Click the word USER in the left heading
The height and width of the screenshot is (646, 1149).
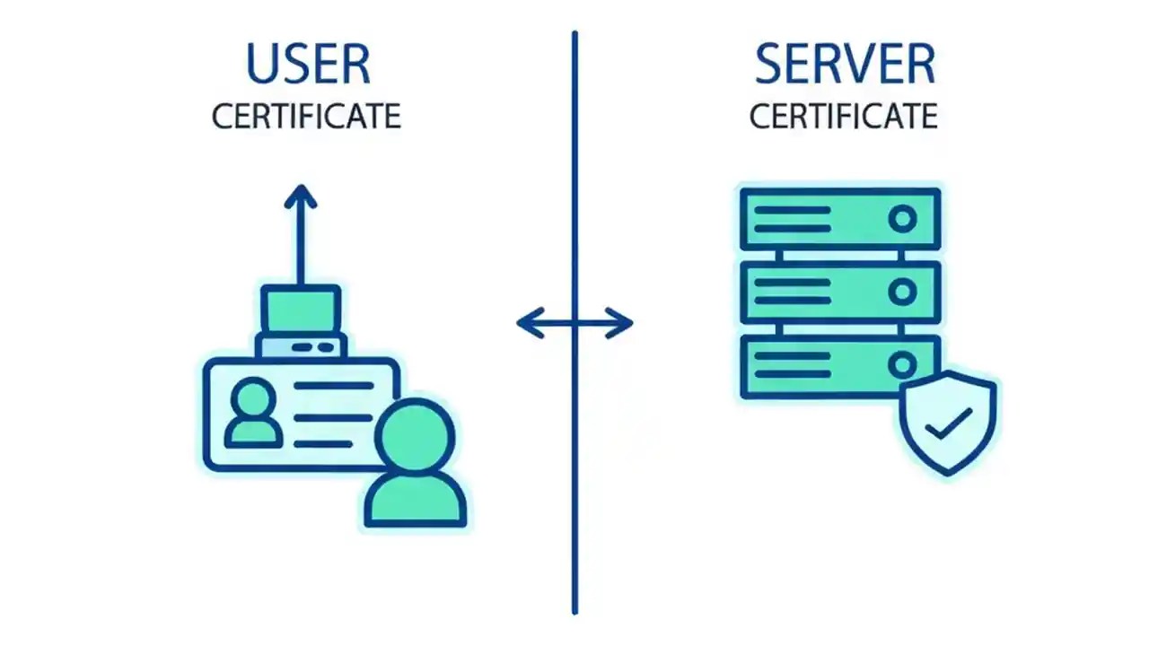coord(307,65)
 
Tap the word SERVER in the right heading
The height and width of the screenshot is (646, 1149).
coord(844,65)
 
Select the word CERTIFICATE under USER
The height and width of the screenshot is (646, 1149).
coord(306,117)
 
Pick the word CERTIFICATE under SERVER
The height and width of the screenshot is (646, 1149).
coord(844,117)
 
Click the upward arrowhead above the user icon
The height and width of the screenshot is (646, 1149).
coord(301,195)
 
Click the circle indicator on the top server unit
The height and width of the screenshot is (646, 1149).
coord(902,219)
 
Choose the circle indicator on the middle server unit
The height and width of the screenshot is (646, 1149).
coord(902,292)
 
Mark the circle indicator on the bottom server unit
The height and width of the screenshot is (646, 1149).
coord(902,364)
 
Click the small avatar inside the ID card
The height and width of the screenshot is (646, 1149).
coord(252,414)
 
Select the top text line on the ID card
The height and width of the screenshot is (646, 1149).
coord(334,385)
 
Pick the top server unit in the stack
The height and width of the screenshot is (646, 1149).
coord(839,219)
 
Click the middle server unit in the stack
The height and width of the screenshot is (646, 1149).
coord(839,292)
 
